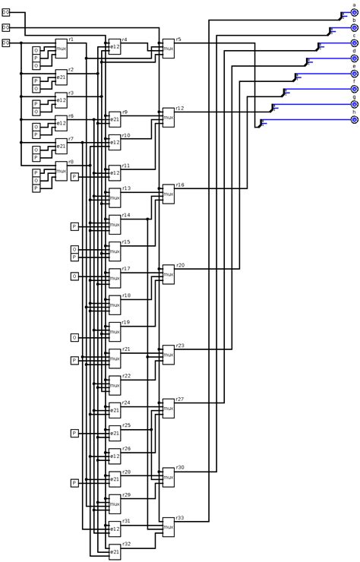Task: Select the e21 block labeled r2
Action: pyautogui.click(x=62, y=77)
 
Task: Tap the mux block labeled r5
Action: pyautogui.click(x=169, y=48)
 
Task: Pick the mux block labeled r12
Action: pyautogui.click(x=169, y=117)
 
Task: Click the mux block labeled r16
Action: pyautogui.click(x=169, y=194)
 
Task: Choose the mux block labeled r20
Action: pyautogui.click(x=169, y=274)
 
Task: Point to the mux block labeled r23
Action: pyautogui.click(x=169, y=355)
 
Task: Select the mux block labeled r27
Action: pyautogui.click(x=169, y=408)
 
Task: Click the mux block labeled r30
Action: pyautogui.click(x=169, y=477)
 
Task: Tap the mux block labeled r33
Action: pyautogui.click(x=169, y=527)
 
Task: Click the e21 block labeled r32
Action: pyautogui.click(x=115, y=551)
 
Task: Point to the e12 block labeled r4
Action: pyautogui.click(x=115, y=46)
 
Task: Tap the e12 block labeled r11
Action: pyautogui.click(x=115, y=172)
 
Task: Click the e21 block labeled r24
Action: pyautogui.click(x=115, y=410)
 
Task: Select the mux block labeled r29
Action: pyautogui.click(x=115, y=504)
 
